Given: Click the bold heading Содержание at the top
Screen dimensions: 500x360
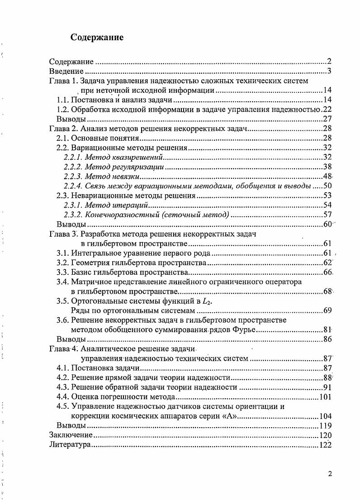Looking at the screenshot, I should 97,38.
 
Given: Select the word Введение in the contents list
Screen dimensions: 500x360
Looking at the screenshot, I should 66,71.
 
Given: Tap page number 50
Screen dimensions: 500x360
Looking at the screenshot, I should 327,186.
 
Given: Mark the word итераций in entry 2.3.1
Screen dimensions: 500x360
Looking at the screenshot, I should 126,205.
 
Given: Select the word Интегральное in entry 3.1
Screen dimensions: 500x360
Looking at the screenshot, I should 95,253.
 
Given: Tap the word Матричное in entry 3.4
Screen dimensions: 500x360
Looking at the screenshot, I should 90,281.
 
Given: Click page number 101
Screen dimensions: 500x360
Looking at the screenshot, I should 325,397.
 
